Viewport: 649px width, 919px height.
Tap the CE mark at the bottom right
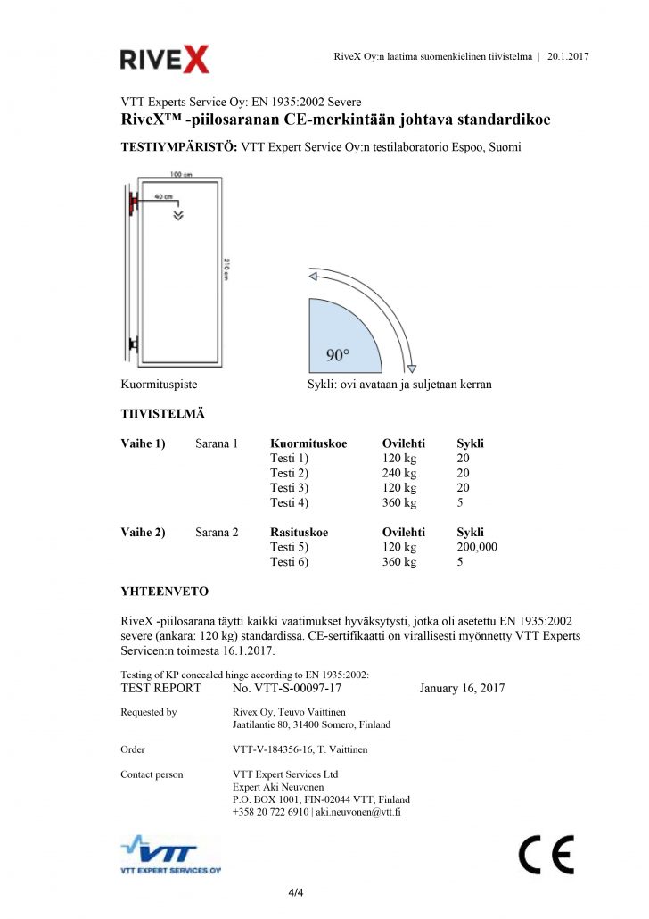(x=546, y=855)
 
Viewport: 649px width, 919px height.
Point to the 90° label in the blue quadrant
(x=338, y=355)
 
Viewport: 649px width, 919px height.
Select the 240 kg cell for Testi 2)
(x=398, y=473)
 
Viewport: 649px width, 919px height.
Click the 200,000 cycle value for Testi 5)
(x=477, y=547)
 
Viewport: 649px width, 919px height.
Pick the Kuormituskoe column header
(x=308, y=443)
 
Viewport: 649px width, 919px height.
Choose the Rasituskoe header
(x=299, y=533)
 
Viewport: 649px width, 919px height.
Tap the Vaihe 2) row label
(x=143, y=533)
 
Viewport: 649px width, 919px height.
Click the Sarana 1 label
(x=217, y=443)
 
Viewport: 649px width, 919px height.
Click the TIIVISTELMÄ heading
(x=162, y=413)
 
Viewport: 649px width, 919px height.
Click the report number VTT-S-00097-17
(x=286, y=688)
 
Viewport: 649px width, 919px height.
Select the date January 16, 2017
(x=462, y=688)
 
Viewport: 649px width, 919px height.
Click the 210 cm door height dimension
(x=227, y=268)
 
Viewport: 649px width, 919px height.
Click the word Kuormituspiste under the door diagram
(x=159, y=385)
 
